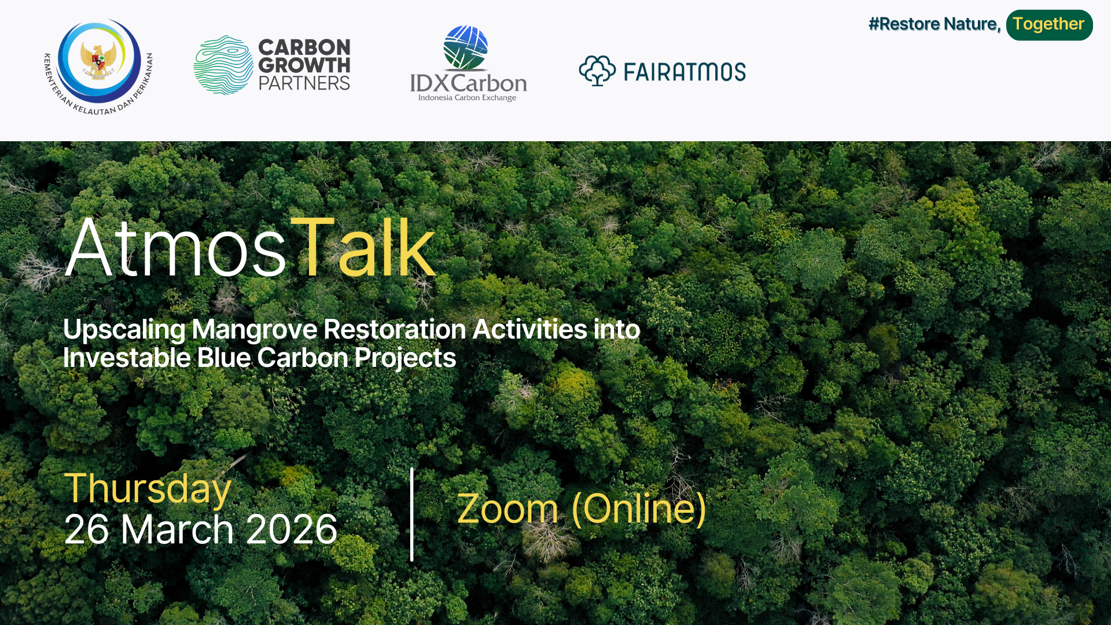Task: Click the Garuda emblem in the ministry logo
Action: (x=98, y=60)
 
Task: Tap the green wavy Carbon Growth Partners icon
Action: (x=223, y=65)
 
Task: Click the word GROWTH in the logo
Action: (x=304, y=65)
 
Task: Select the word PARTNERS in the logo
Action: (x=304, y=84)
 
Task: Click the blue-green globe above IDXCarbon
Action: (x=466, y=47)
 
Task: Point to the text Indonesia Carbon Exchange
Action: (x=468, y=98)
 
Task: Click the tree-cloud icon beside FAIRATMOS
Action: (x=597, y=71)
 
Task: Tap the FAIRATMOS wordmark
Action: (x=685, y=72)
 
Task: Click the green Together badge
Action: (x=1049, y=24)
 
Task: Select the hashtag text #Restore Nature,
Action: (x=935, y=24)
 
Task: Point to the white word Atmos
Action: (x=175, y=249)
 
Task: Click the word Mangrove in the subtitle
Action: (x=254, y=329)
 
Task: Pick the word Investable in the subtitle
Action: (x=127, y=358)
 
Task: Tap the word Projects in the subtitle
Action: (x=405, y=358)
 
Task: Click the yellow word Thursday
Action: (x=148, y=488)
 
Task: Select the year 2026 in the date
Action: (x=291, y=529)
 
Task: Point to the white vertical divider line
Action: (x=412, y=514)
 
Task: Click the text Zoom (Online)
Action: (x=582, y=509)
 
